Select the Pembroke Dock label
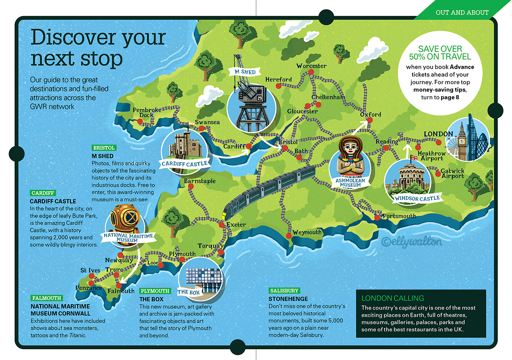[147, 113]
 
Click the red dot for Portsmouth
[377, 218]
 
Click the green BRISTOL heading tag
[104, 148]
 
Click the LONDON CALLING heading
[393, 298]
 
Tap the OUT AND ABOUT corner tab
[462, 12]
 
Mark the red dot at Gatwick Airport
[438, 173]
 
